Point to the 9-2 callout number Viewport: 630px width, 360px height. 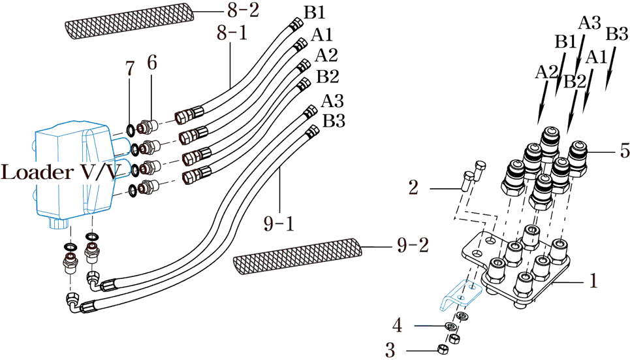(412, 246)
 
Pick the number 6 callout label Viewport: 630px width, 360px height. (151, 63)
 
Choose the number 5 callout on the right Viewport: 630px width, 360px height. (623, 151)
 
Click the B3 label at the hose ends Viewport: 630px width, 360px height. (334, 121)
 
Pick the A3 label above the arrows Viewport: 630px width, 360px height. (589, 23)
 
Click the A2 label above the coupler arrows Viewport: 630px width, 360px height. (546, 72)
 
